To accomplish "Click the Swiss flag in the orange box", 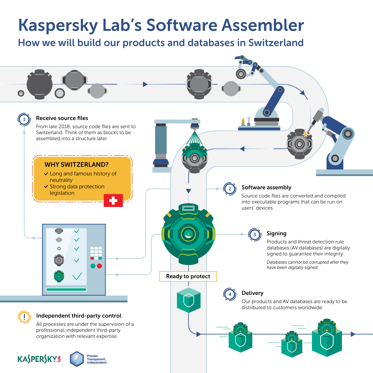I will (x=113, y=200).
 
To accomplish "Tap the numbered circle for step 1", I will (x=24, y=119).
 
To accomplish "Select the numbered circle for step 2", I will (x=230, y=189).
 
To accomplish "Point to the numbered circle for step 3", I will (x=255, y=235).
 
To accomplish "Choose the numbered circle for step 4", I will (x=230, y=294).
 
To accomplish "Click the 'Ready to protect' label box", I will (x=188, y=276).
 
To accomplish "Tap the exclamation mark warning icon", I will (x=24, y=317).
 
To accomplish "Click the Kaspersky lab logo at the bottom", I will (x=39, y=359).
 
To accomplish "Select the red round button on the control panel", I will (x=99, y=266).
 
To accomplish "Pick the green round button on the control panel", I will (x=93, y=266).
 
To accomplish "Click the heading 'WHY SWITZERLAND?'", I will (x=76, y=165).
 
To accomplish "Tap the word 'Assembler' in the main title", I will (x=263, y=25).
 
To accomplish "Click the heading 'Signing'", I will (x=276, y=233).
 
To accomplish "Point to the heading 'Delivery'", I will (x=252, y=293).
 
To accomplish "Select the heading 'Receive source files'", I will (x=62, y=118).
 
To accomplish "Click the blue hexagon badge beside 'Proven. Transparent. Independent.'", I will (x=77, y=359).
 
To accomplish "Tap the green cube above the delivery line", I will (x=188, y=300).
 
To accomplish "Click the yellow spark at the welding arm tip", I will (x=306, y=134).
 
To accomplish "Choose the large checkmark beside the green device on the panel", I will (x=77, y=276).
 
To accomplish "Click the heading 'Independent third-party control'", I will (x=79, y=316).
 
